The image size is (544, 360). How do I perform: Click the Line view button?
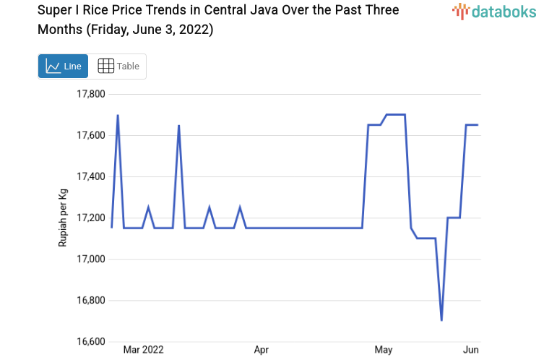[63, 66]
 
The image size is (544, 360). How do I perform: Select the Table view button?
[118, 66]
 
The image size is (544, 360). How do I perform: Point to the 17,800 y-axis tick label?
[91, 94]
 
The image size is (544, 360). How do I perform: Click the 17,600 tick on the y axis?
[91, 135]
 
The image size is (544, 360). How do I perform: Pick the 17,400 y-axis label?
[91, 176]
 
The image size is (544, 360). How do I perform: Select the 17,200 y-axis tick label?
[91, 218]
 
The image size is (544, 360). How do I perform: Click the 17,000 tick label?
[91, 259]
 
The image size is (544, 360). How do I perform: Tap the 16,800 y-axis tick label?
[91, 300]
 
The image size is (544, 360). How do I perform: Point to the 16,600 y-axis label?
[91, 341]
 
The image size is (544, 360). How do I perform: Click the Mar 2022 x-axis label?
[143, 350]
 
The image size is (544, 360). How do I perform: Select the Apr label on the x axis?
[262, 350]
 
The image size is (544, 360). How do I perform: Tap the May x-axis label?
[384, 350]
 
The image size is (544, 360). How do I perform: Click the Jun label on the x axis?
[470, 350]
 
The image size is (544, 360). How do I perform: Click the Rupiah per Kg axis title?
[63, 218]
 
